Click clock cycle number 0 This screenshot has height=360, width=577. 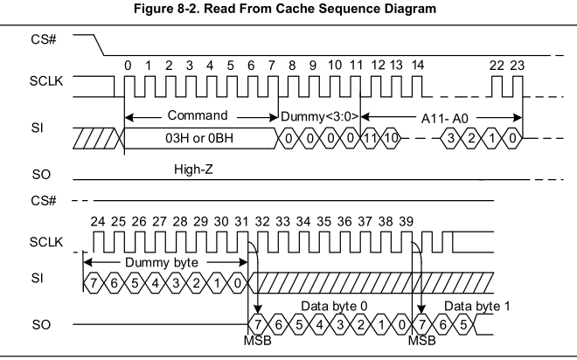tap(128, 65)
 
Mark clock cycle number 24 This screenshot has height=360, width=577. tap(97, 222)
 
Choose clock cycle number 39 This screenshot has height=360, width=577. tap(406, 222)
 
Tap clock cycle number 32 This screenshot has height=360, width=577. tap(260, 222)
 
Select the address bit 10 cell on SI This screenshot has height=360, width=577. tap(390, 138)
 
